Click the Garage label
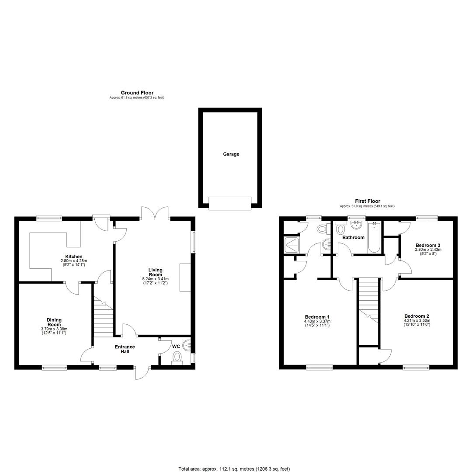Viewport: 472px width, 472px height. point(231,154)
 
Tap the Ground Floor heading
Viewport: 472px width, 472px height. point(137,93)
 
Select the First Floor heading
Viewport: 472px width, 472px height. point(368,201)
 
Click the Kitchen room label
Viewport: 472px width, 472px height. point(74,257)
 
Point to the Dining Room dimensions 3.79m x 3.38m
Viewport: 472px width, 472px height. point(54,329)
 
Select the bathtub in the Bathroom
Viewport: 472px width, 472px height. point(374,237)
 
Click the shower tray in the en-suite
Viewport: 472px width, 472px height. point(292,245)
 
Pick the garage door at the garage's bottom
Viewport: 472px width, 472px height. point(230,203)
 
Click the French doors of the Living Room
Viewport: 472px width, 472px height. point(155,213)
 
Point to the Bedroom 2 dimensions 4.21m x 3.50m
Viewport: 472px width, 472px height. point(417,321)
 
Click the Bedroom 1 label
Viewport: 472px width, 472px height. point(317,317)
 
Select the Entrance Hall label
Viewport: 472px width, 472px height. point(125,349)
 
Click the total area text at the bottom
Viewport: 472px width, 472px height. point(234,469)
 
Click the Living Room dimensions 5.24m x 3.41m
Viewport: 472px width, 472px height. point(155,279)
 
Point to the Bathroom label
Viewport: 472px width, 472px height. point(354,237)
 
